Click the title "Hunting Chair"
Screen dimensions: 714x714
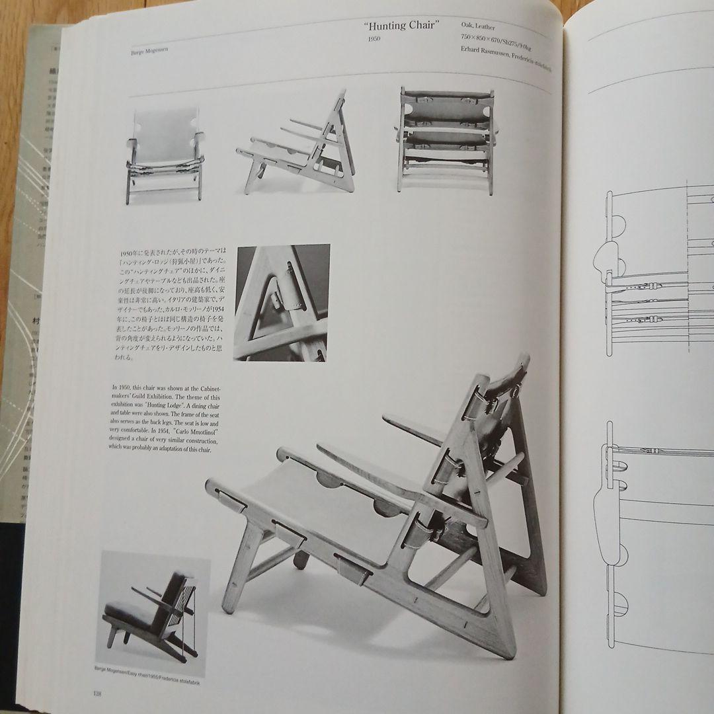click(402, 26)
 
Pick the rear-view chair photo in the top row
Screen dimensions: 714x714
click(446, 141)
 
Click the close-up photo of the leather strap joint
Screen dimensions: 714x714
click(282, 303)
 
